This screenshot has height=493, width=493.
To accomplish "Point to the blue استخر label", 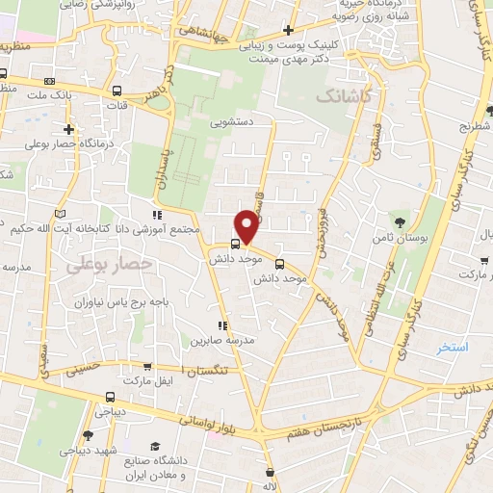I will pos(452,347).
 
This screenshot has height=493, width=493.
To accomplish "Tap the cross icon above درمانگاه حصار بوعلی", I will pos(68,130).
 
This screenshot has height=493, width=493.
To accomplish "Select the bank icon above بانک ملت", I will pos(49,80).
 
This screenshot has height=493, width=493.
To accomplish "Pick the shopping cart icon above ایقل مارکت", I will pos(146,367).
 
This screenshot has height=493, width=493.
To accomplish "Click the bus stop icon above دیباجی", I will pos(109,396).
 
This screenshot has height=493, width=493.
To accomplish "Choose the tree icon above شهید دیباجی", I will pos(88,435).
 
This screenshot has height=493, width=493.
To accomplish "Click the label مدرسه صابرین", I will pos(223,340).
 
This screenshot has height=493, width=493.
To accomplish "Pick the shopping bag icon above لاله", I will pos(270,473).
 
